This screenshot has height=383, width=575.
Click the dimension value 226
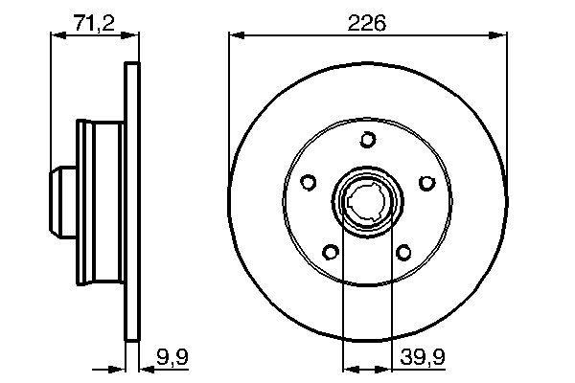pyautogui.click(x=368, y=23)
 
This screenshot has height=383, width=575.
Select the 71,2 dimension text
pyautogui.click(x=94, y=23)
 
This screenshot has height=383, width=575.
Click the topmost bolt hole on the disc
pyautogui.click(x=368, y=140)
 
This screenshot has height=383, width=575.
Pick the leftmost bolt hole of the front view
pyautogui.click(x=308, y=182)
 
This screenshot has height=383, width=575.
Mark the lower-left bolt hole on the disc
pyautogui.click(x=331, y=253)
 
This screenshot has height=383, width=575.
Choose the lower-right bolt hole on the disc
pyautogui.click(x=404, y=253)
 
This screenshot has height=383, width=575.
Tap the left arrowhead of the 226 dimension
pyautogui.click(x=235, y=36)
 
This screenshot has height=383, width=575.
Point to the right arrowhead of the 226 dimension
pyautogui.click(x=500, y=36)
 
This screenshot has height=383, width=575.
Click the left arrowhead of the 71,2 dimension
pyautogui.click(x=55, y=36)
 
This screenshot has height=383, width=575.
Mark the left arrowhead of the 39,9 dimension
pyautogui.click(x=348, y=366)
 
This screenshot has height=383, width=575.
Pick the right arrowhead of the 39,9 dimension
pyautogui.click(x=388, y=366)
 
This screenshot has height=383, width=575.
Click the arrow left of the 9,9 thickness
pyautogui.click(x=119, y=366)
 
